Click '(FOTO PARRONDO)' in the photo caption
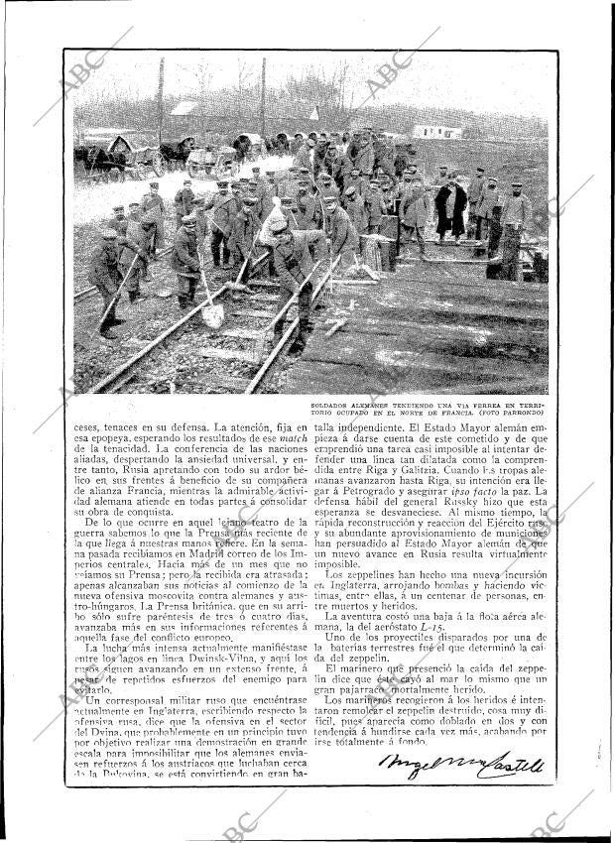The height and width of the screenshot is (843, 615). click(512, 412)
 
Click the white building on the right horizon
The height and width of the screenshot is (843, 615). click(436, 132)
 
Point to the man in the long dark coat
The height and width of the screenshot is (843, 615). click(450, 210)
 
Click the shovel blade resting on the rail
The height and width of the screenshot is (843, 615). click(213, 316)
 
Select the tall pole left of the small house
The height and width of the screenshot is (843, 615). click(161, 99)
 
